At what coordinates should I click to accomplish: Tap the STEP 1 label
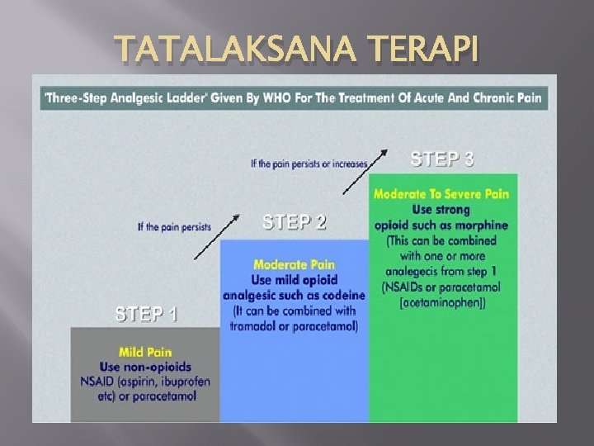pos(146,314)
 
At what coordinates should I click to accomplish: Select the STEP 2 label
pos(295,222)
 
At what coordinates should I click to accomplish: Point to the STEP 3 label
pos(442,159)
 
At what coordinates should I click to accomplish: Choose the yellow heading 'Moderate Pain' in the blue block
pos(294,265)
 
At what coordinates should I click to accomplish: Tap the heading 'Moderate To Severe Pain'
pos(441,194)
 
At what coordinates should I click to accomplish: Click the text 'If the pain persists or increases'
pos(309,164)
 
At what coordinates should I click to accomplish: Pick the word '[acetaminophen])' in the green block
pos(442,303)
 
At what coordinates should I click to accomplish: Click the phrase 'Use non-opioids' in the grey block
pos(144,366)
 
